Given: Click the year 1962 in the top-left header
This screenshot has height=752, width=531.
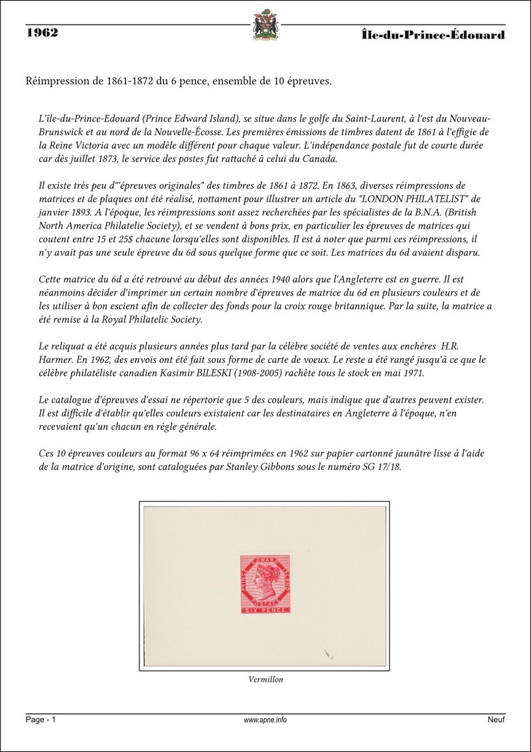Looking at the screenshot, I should pos(42,33).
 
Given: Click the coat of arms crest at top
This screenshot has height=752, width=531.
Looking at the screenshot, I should pos(265,25).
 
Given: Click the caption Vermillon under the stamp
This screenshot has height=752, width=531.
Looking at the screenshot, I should pos(265,680).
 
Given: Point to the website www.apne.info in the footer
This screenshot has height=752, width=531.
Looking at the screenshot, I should pos(265,720).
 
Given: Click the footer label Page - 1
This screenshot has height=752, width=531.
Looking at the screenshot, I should pos(41,720).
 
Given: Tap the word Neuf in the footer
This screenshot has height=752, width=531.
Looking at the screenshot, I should pos(496,720).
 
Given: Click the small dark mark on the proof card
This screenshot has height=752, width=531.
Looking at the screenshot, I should pos(327,655).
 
